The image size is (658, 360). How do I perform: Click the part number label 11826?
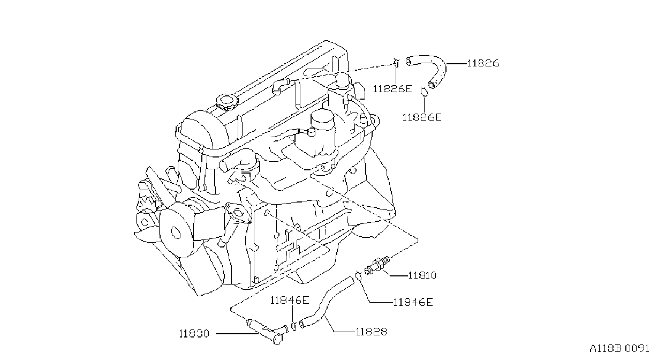coord(483,63)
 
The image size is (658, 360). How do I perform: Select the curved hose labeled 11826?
coord(438,63)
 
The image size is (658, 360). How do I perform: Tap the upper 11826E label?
coord(392,89)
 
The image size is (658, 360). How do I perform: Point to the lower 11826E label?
coord(421,117)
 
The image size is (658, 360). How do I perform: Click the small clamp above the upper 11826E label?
coord(396,63)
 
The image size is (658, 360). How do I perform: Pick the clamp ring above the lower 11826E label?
coord(423,92)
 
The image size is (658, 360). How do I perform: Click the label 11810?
coord(422,275)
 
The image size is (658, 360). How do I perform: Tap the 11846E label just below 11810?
coord(413,302)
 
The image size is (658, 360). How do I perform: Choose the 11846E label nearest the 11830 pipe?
coord(290,300)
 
